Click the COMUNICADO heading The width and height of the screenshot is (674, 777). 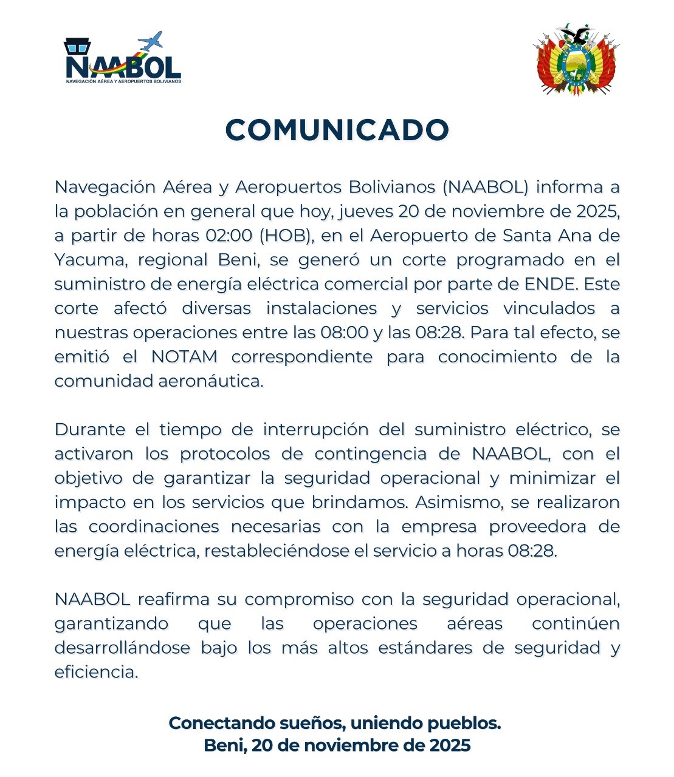pos(337,130)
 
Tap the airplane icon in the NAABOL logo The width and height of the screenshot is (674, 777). pos(151,41)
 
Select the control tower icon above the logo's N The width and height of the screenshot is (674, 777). pos(77,46)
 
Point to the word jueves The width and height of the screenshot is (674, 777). pos(366,211)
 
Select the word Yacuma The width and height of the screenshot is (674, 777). pos(89,260)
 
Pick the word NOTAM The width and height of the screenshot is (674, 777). pos(184,357)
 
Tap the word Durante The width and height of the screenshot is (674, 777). pos(89,430)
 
